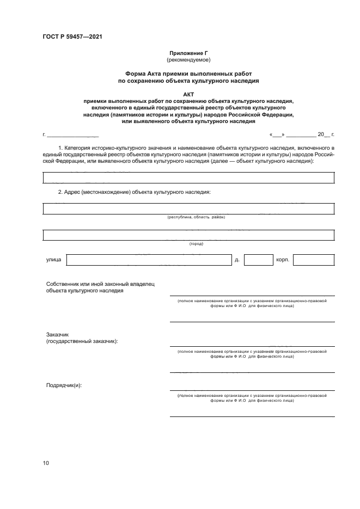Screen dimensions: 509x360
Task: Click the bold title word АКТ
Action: click(188, 94)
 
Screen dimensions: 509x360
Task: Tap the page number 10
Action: click(46, 463)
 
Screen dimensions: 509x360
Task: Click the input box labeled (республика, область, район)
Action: click(188, 208)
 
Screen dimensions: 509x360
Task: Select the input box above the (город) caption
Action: click(188, 235)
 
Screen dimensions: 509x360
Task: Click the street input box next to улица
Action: click(148, 260)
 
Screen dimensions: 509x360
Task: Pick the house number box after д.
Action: click(258, 260)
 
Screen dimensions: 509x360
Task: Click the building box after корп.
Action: click(314, 260)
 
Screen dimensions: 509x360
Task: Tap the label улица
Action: click(53, 260)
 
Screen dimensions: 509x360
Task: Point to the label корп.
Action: click(282, 260)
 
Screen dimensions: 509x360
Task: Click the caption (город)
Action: click(196, 244)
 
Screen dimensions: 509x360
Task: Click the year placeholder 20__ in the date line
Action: click(324, 134)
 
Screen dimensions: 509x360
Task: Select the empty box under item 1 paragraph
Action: click(188, 177)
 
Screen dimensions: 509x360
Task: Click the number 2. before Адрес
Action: click(60, 193)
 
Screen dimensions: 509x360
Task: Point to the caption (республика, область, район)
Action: click(196, 217)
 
